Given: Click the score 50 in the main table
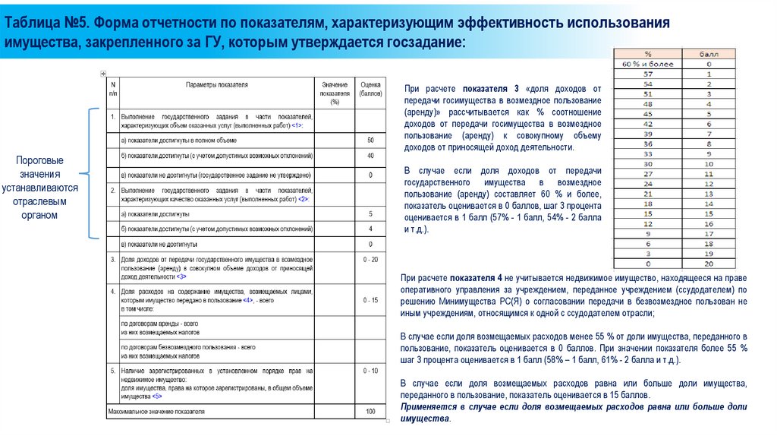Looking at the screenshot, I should (370, 141).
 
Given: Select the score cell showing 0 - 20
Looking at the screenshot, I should (370, 260).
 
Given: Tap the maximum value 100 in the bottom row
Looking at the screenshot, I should (370, 412).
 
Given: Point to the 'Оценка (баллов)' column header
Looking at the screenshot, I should (370, 90).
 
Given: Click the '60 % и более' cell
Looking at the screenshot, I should (647, 65).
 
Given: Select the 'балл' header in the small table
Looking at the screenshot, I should (708, 55).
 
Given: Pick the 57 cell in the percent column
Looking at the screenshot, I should (647, 74).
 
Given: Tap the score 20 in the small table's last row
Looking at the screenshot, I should (708, 263).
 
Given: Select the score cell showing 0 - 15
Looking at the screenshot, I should (370, 301).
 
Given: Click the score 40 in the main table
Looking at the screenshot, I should (370, 156).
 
